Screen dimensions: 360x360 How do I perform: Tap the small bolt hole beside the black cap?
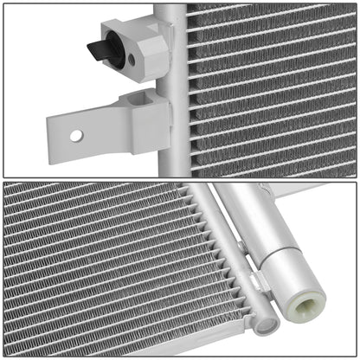coord(131,59)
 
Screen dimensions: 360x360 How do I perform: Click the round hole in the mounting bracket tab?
coord(76,135)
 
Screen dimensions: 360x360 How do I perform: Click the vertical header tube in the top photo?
coord(172,87)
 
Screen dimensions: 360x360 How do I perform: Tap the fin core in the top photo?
coord(268,87)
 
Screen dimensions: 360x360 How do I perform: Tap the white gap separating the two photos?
coord(180,179)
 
